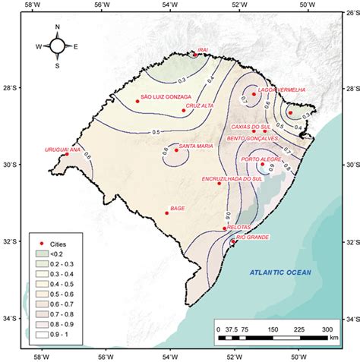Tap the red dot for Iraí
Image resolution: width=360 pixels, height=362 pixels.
[x=195, y=55]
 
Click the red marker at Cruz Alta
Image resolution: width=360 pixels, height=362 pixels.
[x=184, y=111]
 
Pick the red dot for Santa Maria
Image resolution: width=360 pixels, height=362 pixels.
[x=176, y=150]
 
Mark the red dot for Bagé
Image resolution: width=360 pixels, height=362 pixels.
[x=166, y=213]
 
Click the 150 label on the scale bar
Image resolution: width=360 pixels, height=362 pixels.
[x=273, y=329]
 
